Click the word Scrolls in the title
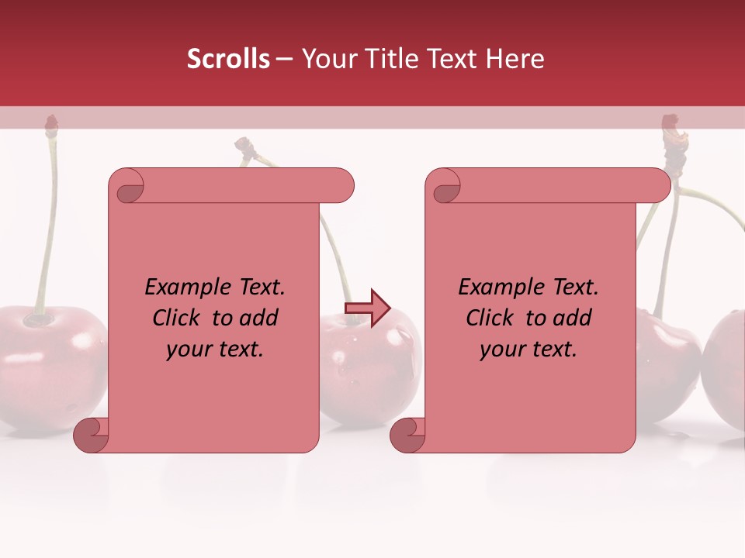[228, 59]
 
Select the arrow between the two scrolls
[367, 308]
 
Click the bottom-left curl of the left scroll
[91, 435]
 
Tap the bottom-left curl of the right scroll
[407, 435]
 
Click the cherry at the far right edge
[726, 364]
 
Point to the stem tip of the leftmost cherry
[51, 124]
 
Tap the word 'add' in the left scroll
[259, 318]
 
